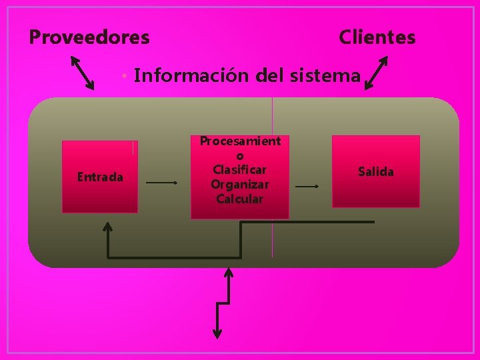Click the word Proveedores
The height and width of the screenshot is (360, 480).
point(89,37)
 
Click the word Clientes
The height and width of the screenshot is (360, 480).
point(377,37)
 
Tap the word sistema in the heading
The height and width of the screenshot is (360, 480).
point(326,76)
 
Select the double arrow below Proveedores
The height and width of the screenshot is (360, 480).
point(83,73)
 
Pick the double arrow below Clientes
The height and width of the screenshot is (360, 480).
point(377,73)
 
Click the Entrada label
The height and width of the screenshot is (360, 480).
point(100,177)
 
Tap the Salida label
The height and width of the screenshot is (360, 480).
point(376,172)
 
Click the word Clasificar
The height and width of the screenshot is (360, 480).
point(240,169)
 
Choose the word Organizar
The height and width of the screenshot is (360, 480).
point(240,184)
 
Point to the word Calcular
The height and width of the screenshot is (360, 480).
point(240,199)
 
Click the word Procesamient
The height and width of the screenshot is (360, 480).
point(240,141)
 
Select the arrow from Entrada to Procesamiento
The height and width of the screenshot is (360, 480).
point(162,182)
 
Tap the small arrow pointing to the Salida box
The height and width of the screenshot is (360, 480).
point(307,187)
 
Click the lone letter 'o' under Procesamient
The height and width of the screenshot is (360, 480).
point(240,155)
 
